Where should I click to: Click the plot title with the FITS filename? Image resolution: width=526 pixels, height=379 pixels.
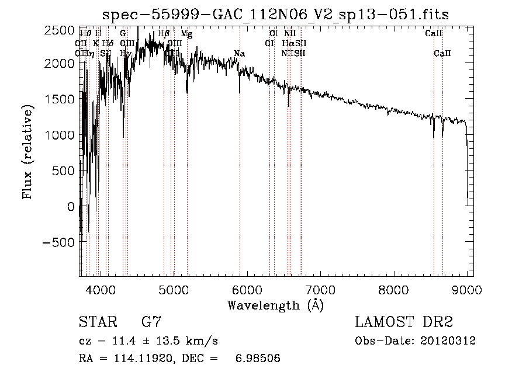[275, 15]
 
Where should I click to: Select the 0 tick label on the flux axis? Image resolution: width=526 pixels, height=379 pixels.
[71, 207]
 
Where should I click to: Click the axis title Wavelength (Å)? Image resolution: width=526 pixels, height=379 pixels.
[275, 305]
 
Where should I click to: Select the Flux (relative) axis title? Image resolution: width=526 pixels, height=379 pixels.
[27, 151]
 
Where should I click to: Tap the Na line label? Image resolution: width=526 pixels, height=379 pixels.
[239, 54]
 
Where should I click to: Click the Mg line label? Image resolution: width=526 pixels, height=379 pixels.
[186, 34]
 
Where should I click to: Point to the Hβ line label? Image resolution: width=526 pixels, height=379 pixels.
[164, 34]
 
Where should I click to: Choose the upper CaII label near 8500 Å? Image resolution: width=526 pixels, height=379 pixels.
[433, 34]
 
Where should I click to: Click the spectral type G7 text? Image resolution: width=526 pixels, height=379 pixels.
[151, 322]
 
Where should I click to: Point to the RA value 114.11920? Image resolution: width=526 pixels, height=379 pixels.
[147, 359]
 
